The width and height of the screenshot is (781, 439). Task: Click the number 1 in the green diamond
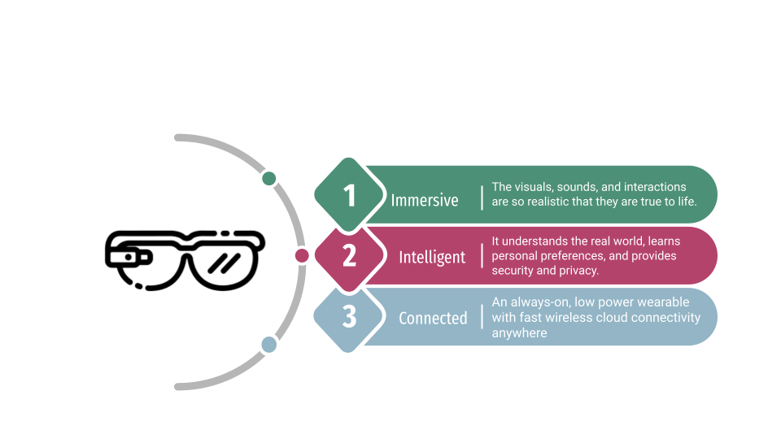(350, 196)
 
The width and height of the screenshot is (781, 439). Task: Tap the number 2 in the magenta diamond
(350, 256)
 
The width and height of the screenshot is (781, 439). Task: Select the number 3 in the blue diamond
(350, 316)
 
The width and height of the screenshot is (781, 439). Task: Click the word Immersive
(425, 200)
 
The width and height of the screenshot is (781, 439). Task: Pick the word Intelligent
(432, 258)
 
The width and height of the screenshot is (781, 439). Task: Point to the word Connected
(433, 318)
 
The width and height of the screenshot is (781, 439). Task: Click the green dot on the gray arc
(269, 178)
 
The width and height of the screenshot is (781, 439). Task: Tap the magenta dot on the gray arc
(302, 256)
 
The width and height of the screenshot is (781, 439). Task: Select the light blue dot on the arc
(269, 345)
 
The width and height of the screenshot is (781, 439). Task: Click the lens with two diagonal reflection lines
(225, 262)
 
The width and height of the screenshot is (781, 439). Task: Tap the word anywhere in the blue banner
(519, 333)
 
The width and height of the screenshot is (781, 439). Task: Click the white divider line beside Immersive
(482, 198)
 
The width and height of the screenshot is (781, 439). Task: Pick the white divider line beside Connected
(482, 317)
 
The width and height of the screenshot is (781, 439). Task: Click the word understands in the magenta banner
(538, 241)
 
